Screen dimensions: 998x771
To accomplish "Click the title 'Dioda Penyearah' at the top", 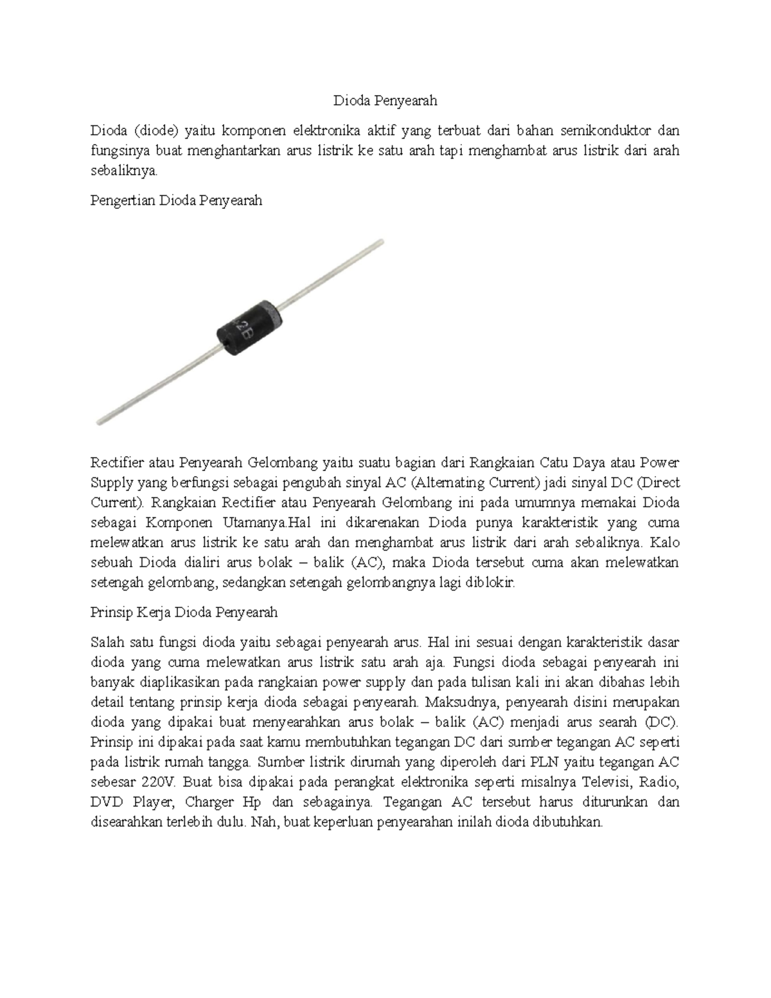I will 385,100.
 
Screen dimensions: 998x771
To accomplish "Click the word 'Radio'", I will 662,783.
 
